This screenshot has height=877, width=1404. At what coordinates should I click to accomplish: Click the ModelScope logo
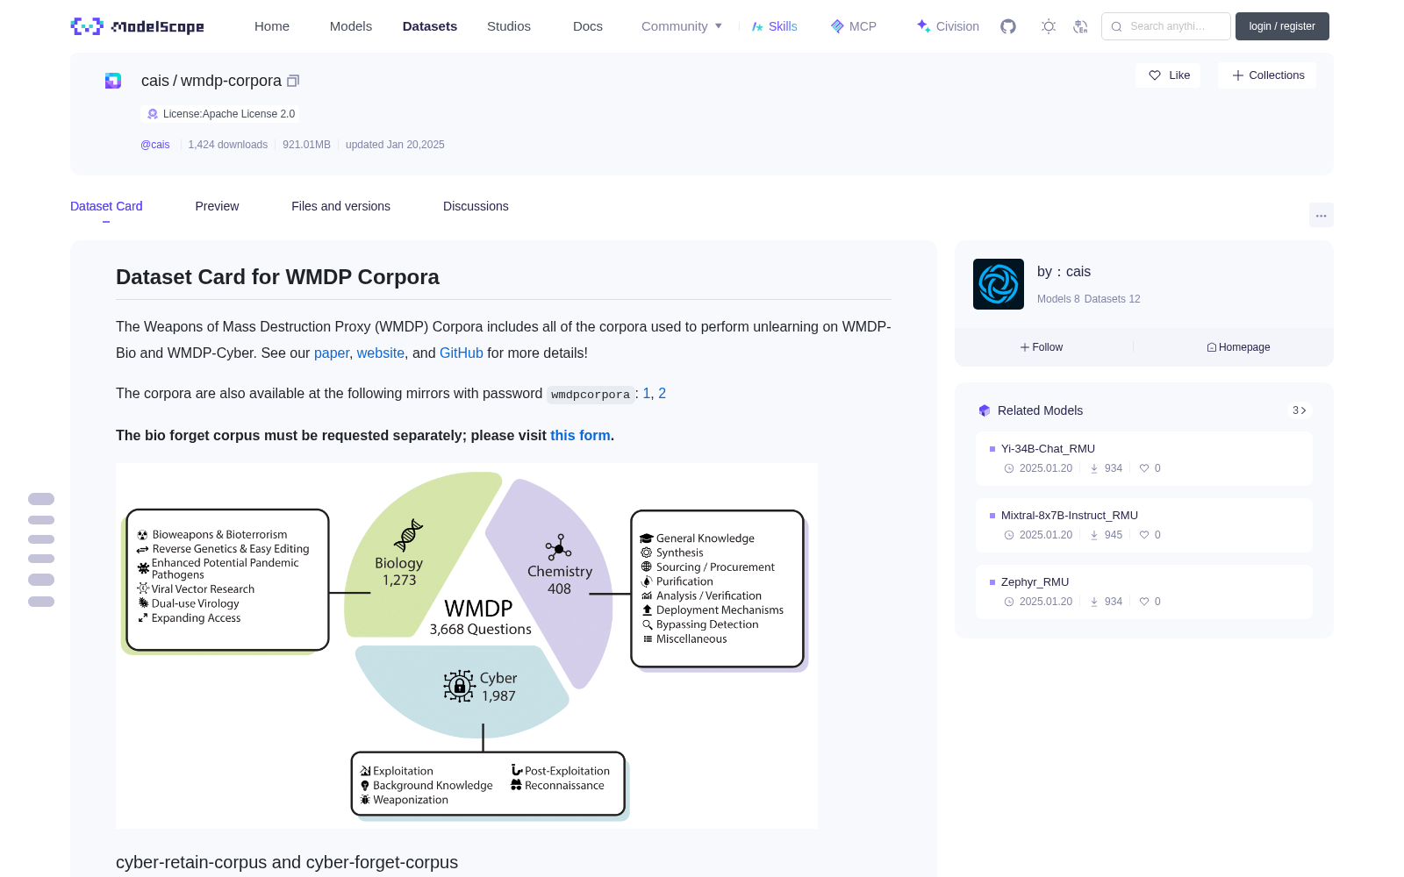tap(137, 26)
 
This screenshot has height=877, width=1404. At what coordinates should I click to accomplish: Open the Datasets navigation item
tap(429, 26)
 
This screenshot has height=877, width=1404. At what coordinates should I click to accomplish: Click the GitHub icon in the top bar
tap(1008, 26)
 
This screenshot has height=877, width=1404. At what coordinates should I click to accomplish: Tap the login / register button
tap(1282, 26)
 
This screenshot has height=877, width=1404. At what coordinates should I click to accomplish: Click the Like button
tap(1168, 75)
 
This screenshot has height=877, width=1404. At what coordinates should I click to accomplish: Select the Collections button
tap(1267, 75)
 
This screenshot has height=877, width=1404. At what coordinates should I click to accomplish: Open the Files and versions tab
tap(341, 206)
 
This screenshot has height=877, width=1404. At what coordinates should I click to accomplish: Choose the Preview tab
tap(217, 206)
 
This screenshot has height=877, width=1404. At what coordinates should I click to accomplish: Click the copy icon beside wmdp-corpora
tap(293, 81)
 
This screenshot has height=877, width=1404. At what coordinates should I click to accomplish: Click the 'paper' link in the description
tap(332, 353)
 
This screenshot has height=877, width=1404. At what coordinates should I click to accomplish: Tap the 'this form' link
tap(580, 435)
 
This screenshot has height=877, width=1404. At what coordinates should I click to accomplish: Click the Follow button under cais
tap(1041, 347)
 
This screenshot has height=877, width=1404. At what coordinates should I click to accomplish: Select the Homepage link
tap(1238, 347)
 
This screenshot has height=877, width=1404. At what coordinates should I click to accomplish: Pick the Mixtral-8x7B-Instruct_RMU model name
tap(1070, 516)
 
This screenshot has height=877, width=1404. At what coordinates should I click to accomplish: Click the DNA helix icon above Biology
tap(408, 535)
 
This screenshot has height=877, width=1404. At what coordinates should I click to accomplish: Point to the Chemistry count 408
tap(559, 588)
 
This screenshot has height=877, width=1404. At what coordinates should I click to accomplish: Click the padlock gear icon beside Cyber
tap(459, 686)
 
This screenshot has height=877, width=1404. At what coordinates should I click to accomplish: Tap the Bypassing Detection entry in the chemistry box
tap(706, 624)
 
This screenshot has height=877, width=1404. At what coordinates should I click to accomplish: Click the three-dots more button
tap(1321, 216)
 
